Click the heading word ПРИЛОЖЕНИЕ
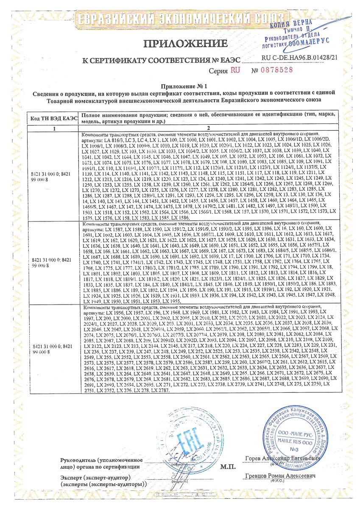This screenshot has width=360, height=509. (x=186, y=43)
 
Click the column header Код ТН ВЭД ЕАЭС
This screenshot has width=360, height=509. (x=53, y=118)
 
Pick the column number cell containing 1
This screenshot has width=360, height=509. (x=53, y=128)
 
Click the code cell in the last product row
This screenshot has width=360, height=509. (x=53, y=349)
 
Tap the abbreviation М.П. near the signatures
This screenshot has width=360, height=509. (x=228, y=467)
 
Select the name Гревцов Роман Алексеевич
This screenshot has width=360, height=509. (x=281, y=477)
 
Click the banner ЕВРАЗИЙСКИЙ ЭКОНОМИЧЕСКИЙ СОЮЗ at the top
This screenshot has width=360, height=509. (x=179, y=19)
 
